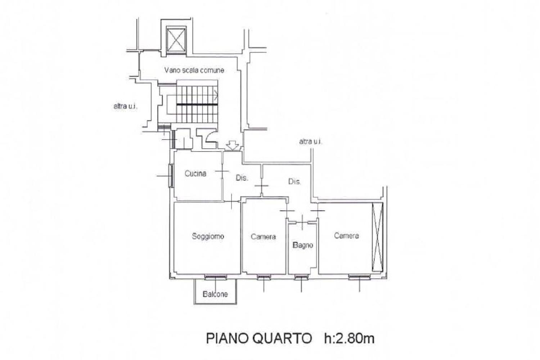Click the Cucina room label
[195, 174]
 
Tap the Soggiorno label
[208, 236]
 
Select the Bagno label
[303, 245]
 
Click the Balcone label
[215, 294]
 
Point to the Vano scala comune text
[194, 70]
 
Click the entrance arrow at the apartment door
[233, 146]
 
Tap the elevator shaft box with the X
[176, 39]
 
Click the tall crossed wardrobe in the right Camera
[377, 237]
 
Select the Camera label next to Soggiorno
[263, 237]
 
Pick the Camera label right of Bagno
[346, 235]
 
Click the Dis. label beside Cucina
[242, 178]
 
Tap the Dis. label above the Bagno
[294, 181]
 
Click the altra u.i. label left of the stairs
[125, 106]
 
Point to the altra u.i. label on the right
[310, 142]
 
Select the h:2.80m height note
[349, 338]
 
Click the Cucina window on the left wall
[171, 176]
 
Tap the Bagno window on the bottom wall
[301, 278]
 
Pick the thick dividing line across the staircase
[197, 104]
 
